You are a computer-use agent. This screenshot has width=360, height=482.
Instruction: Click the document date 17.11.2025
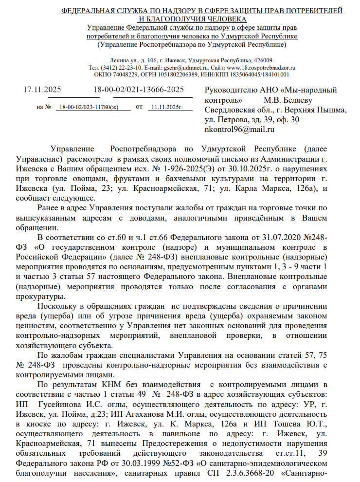coord(42,90)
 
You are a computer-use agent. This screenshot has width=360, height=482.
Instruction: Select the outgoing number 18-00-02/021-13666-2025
coord(139,90)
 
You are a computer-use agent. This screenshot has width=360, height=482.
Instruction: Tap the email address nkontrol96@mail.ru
coord(240,130)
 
